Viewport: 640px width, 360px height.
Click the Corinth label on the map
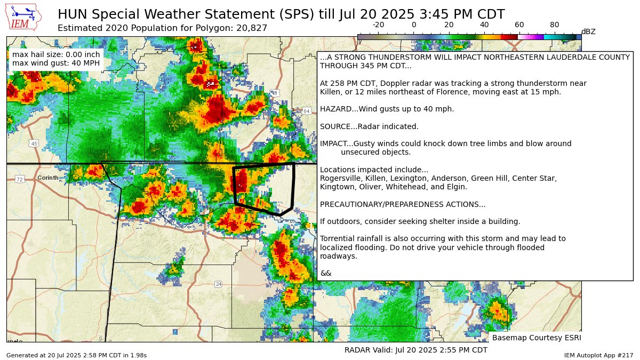(47, 178)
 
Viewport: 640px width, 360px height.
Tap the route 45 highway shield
(34, 144)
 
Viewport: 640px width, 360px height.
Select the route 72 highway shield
(20, 179)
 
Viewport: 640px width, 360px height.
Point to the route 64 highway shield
(306, 111)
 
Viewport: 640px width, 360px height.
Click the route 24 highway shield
(219, 284)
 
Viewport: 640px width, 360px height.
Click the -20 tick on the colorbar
(379, 25)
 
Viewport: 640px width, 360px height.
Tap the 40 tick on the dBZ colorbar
(484, 25)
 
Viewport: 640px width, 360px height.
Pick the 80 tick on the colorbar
(555, 25)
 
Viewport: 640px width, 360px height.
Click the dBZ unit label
(588, 31)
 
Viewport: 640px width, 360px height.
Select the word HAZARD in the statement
(334, 109)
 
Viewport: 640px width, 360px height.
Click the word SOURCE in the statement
(334, 126)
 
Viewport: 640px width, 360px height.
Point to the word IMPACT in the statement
(333, 143)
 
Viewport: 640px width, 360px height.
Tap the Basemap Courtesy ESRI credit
(536, 338)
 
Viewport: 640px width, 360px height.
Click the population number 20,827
(252, 28)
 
